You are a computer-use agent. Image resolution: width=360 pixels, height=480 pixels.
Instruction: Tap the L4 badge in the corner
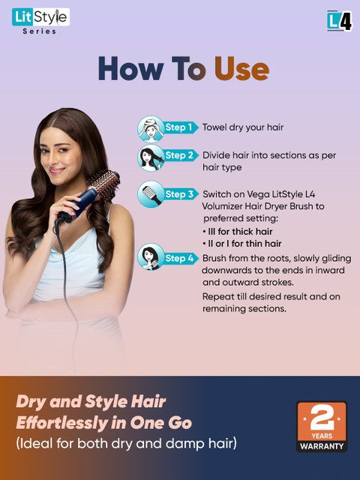[x=339, y=20]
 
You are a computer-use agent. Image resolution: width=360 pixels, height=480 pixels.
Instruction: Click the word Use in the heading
[x=241, y=69]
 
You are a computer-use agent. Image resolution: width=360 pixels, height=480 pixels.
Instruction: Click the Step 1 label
[x=179, y=127]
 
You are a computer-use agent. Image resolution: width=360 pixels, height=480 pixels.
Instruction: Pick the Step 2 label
[x=179, y=155]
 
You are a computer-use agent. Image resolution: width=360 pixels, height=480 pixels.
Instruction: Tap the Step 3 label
[x=179, y=194]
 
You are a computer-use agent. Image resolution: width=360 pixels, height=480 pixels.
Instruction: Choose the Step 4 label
[x=179, y=259]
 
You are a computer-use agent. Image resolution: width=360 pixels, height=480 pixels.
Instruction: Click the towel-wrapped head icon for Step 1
[x=149, y=128]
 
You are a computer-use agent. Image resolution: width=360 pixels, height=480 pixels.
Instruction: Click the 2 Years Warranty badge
[x=322, y=427]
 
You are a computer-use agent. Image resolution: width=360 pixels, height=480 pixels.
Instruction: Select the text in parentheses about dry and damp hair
[x=126, y=443]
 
